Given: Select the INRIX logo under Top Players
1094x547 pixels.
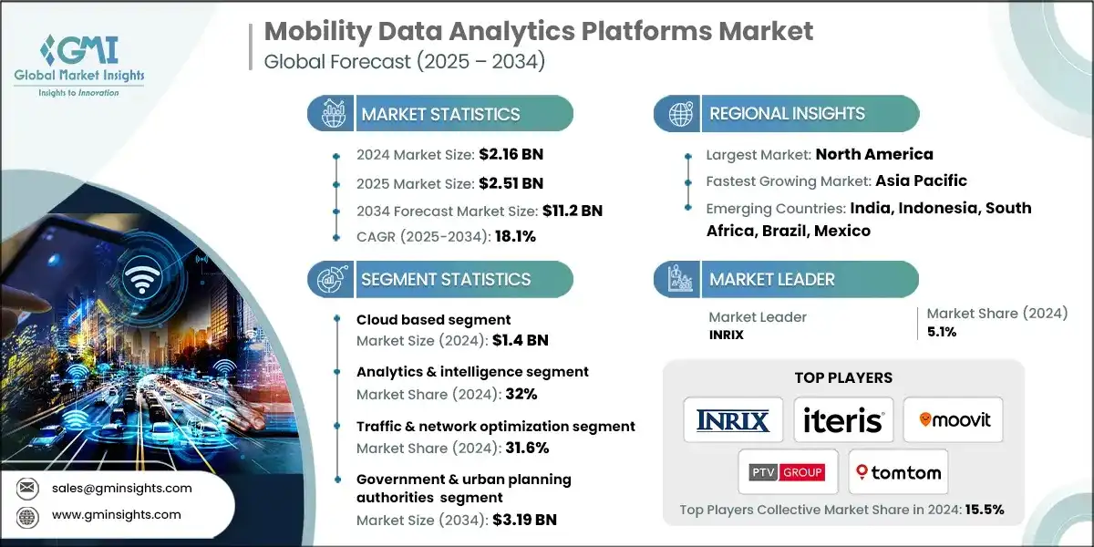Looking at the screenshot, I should coord(732,420).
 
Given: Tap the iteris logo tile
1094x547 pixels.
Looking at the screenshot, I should coord(842,420).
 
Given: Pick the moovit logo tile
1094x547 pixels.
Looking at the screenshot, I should coord(953,420).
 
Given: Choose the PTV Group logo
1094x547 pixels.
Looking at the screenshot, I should coord(787,472).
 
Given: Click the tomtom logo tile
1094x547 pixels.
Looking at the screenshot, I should coord(898,472).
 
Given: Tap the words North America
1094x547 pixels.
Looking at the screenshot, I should coord(874,153).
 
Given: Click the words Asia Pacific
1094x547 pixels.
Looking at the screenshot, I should coord(921,180).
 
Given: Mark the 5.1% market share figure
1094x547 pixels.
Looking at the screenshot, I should coord(942,332).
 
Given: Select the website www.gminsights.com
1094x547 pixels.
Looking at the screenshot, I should coord(116,514).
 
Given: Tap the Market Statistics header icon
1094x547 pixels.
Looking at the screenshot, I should coord(329,114).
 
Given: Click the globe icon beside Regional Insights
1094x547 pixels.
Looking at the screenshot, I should coord(678,114).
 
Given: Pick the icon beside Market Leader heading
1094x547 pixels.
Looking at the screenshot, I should coord(678,280).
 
